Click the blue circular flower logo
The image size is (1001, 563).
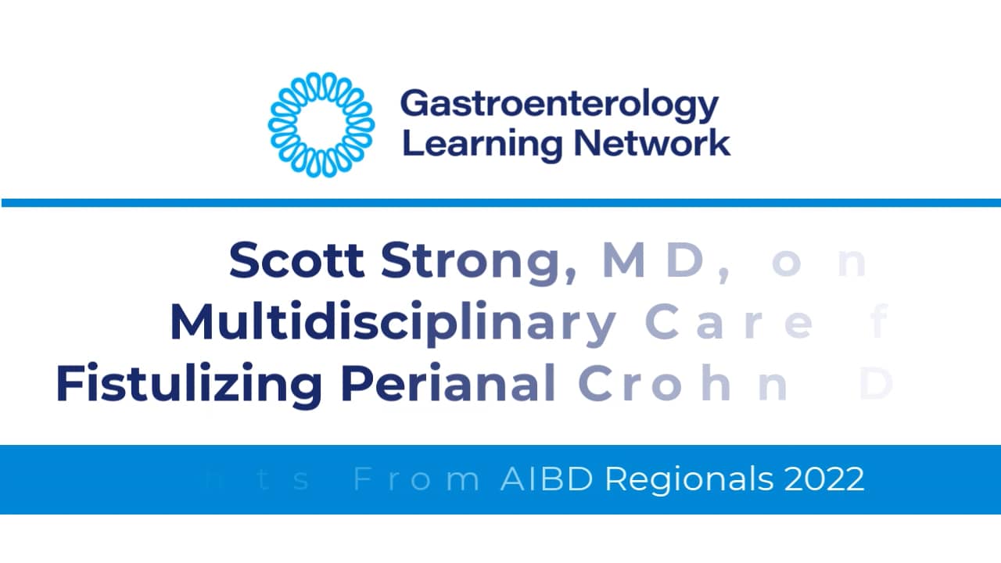coord(321,124)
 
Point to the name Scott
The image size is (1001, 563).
coord(296,261)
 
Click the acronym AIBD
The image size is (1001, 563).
coord(547,479)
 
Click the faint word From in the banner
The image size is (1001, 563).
coord(416,479)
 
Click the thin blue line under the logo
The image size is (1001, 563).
coord(500,203)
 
